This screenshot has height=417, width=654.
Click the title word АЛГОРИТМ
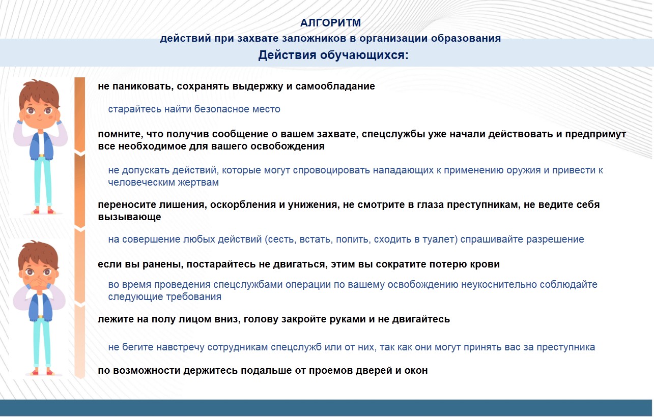[330, 23]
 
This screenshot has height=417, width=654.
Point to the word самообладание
[335, 86]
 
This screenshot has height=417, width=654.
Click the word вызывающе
[129, 217]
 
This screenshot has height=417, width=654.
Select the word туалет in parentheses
[441, 240]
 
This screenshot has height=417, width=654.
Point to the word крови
[485, 264]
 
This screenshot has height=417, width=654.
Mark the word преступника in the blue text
[566, 347]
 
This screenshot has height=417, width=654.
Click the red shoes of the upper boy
[43, 211]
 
